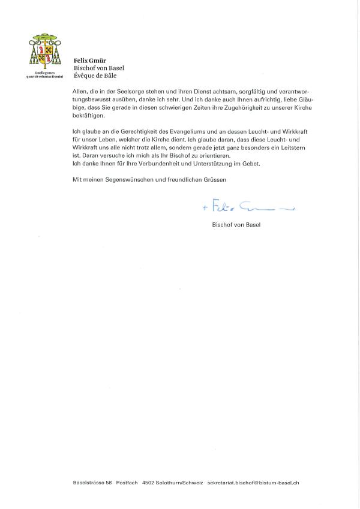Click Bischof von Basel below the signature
point(232,225)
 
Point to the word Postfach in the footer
point(127,483)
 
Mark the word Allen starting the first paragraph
point(79,90)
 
